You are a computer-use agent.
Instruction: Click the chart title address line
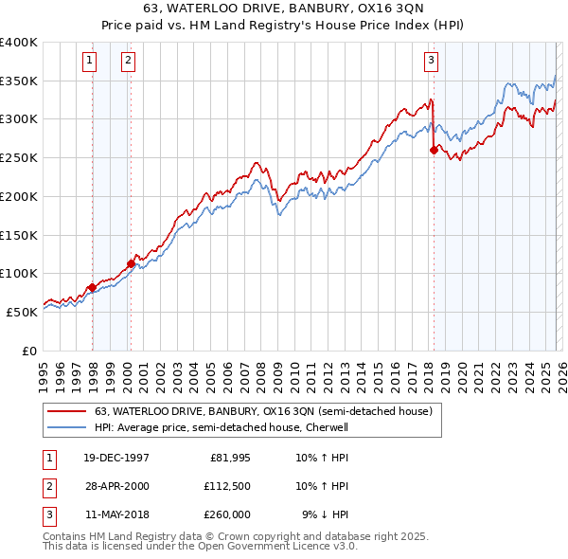(x=283, y=10)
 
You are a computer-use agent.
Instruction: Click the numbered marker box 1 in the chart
(x=90, y=61)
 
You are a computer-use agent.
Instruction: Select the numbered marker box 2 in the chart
(x=128, y=61)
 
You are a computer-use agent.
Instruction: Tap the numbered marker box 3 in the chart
(x=431, y=61)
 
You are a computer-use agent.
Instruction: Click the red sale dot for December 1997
(x=92, y=287)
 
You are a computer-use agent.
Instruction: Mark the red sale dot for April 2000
(x=131, y=263)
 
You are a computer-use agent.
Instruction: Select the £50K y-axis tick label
(x=22, y=312)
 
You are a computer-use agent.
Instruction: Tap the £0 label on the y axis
(x=29, y=351)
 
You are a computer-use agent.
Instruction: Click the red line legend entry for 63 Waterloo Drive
(x=263, y=411)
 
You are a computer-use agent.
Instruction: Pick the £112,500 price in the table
(x=226, y=486)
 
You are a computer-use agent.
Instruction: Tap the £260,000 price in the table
(x=226, y=514)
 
